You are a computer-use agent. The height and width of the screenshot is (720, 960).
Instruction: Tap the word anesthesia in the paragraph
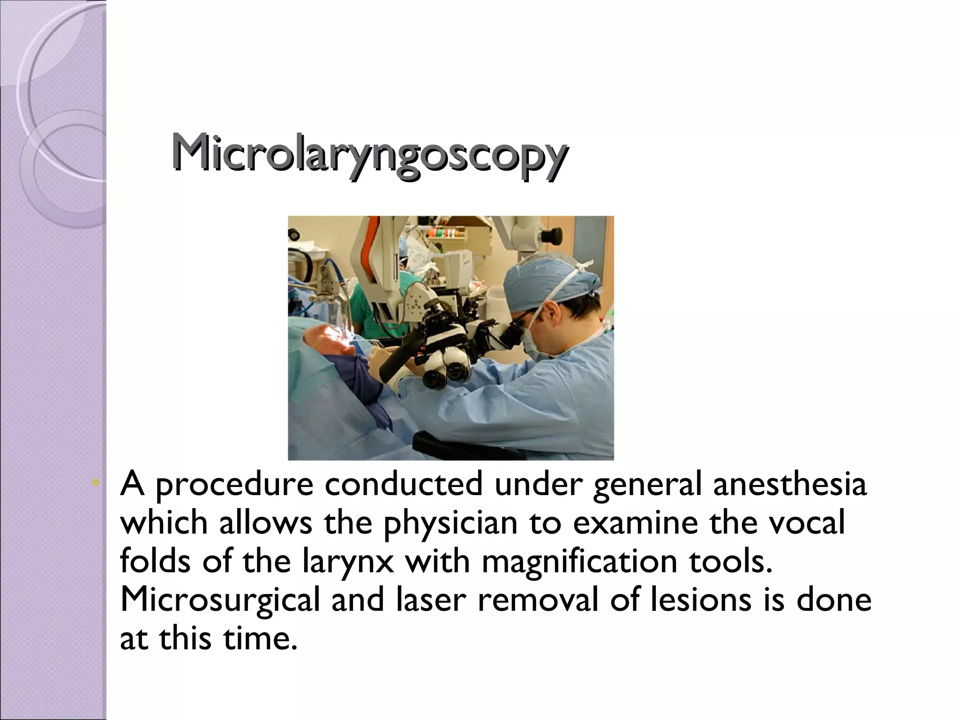790,484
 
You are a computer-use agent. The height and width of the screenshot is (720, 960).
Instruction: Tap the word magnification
579,561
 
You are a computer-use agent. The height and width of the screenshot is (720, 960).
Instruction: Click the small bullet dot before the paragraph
96,482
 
